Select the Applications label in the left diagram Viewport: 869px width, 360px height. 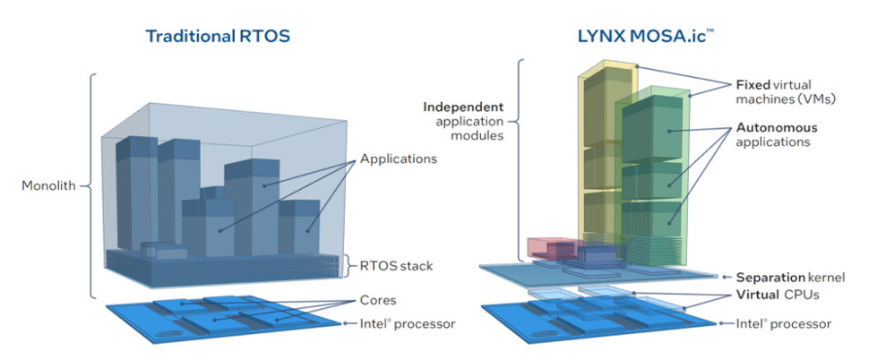click(x=399, y=159)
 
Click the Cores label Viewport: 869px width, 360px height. click(x=379, y=300)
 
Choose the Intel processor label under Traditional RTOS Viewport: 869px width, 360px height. click(x=409, y=322)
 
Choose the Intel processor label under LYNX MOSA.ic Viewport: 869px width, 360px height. click(x=783, y=322)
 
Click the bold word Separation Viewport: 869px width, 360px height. click(x=768, y=277)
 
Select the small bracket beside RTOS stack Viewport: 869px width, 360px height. click(x=349, y=266)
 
